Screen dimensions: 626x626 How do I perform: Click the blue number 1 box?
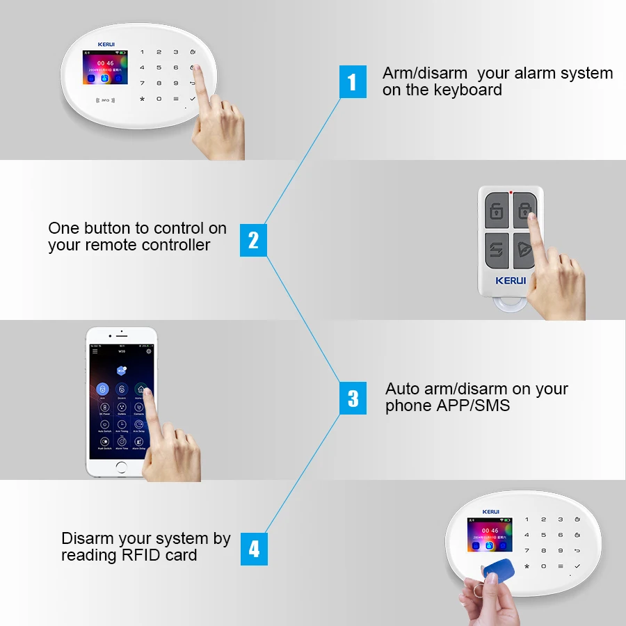tap(353, 82)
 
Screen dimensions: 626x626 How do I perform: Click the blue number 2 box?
tap(253, 240)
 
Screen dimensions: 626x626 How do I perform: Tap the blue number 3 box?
tap(353, 398)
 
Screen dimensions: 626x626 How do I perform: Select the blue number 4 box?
tap(254, 549)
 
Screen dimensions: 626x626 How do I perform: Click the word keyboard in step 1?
tap(468, 90)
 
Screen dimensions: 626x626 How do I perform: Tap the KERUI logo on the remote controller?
tap(511, 281)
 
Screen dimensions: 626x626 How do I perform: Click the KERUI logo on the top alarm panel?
tap(106, 44)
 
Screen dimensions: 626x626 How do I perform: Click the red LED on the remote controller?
tap(511, 192)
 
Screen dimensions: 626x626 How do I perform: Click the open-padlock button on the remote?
tap(496, 210)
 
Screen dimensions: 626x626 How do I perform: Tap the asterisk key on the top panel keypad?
tap(143, 99)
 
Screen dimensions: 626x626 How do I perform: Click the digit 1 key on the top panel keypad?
tap(143, 52)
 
